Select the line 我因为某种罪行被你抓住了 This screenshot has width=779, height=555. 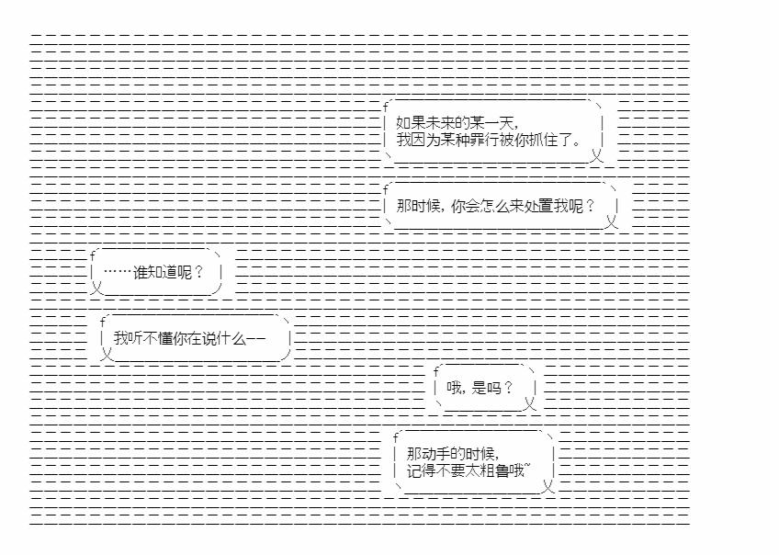(489, 140)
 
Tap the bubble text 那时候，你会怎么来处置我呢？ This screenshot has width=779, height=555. (495, 206)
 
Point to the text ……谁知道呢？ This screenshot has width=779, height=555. (153, 272)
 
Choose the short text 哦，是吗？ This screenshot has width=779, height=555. (480, 388)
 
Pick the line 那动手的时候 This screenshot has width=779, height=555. (453, 454)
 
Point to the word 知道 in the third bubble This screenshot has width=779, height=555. (163, 272)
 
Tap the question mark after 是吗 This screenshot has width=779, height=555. (508, 388)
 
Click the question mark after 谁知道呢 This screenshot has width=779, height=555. (198, 272)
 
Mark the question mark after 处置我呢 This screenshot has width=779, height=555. (590, 206)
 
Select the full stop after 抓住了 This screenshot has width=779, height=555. (576, 142)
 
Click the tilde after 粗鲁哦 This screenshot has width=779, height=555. (527, 466)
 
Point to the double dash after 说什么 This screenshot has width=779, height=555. (256, 339)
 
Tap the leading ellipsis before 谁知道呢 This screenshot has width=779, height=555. (118, 272)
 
